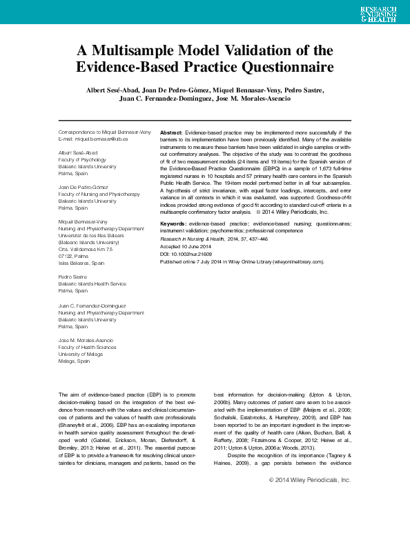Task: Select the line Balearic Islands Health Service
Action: coord(92,283)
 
